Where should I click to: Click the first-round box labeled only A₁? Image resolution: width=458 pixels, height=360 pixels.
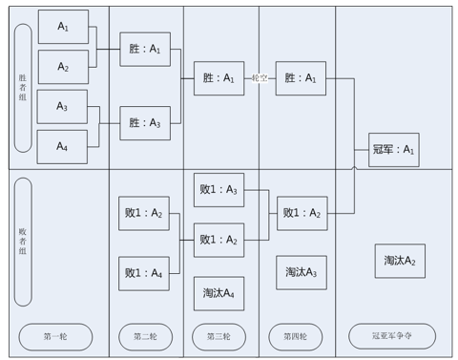(63, 27)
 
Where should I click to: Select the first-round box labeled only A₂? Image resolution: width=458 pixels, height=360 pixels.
(63, 67)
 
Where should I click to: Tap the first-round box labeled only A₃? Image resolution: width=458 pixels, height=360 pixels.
(62, 107)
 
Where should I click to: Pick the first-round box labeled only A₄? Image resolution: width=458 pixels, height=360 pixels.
(62, 147)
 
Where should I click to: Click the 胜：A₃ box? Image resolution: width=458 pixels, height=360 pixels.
(145, 123)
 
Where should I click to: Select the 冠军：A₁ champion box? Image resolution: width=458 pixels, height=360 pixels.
(394, 150)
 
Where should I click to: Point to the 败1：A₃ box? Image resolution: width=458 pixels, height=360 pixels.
(219, 190)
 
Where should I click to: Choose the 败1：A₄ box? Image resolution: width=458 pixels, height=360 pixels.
(144, 273)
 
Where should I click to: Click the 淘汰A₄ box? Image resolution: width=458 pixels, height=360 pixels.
(219, 293)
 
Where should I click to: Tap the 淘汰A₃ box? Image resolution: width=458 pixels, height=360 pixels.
(302, 272)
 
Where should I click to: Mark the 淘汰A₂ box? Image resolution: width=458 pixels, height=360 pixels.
(400, 261)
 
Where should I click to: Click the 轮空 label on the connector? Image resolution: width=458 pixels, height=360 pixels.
(260, 78)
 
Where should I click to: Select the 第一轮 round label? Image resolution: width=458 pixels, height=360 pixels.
(55, 336)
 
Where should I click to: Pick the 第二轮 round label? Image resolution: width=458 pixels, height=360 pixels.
(145, 336)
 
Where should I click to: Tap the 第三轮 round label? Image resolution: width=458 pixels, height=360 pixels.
(219, 336)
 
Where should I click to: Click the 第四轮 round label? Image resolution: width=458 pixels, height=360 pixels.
(296, 336)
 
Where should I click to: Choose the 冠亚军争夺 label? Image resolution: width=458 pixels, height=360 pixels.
(392, 336)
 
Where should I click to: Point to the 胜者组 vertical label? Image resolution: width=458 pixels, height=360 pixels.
(23, 88)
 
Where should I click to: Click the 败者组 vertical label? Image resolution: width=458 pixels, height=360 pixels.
(23, 242)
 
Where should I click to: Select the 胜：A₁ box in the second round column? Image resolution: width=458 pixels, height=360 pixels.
(145, 50)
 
